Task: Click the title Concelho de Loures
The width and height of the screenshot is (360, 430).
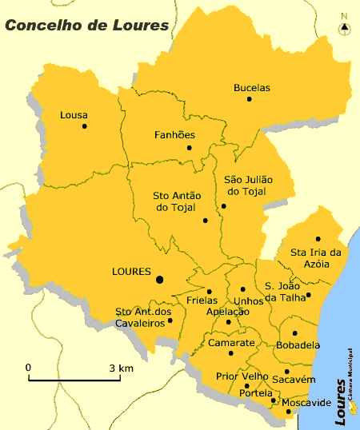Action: (87, 25)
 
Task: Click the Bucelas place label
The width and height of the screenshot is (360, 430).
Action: (252, 87)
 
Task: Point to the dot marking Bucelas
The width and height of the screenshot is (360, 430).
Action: (250, 99)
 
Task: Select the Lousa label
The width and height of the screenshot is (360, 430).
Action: (74, 115)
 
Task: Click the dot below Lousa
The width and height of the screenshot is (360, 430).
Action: (84, 126)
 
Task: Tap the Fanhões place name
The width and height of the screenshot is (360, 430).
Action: (174, 135)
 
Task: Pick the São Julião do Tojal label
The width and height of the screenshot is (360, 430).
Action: (248, 186)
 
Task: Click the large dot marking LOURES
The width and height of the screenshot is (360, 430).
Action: (160, 279)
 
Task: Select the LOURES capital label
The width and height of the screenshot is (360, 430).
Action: (131, 272)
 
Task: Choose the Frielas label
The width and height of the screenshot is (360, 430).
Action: (202, 301)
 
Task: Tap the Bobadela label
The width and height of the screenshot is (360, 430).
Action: (298, 345)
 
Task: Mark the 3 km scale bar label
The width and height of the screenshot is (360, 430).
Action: (122, 368)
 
